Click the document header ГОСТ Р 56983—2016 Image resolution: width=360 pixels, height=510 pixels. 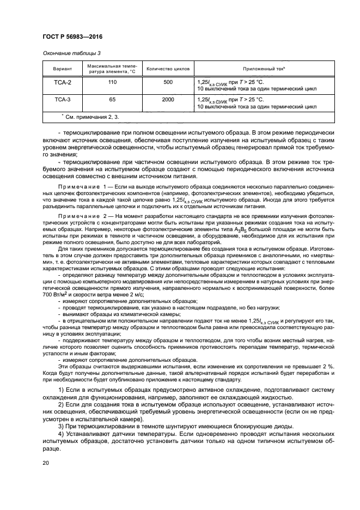[x=73, y=38]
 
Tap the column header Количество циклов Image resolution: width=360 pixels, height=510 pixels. [x=168, y=70]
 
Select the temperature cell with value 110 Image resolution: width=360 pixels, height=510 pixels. [x=112, y=82]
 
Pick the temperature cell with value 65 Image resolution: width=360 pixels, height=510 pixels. [x=112, y=100]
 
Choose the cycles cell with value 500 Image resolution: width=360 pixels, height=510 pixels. [x=168, y=82]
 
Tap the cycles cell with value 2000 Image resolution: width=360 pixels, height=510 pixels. [x=168, y=100]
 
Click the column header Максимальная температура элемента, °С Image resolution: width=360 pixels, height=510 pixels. [x=112, y=70]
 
